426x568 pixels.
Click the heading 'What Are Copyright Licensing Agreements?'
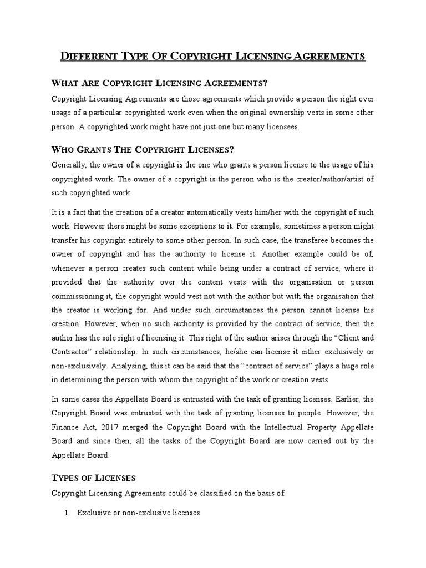(x=160, y=83)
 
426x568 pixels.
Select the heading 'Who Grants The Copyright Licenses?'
(x=143, y=150)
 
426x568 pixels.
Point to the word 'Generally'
(x=68, y=165)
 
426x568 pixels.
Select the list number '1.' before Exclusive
(x=68, y=514)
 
